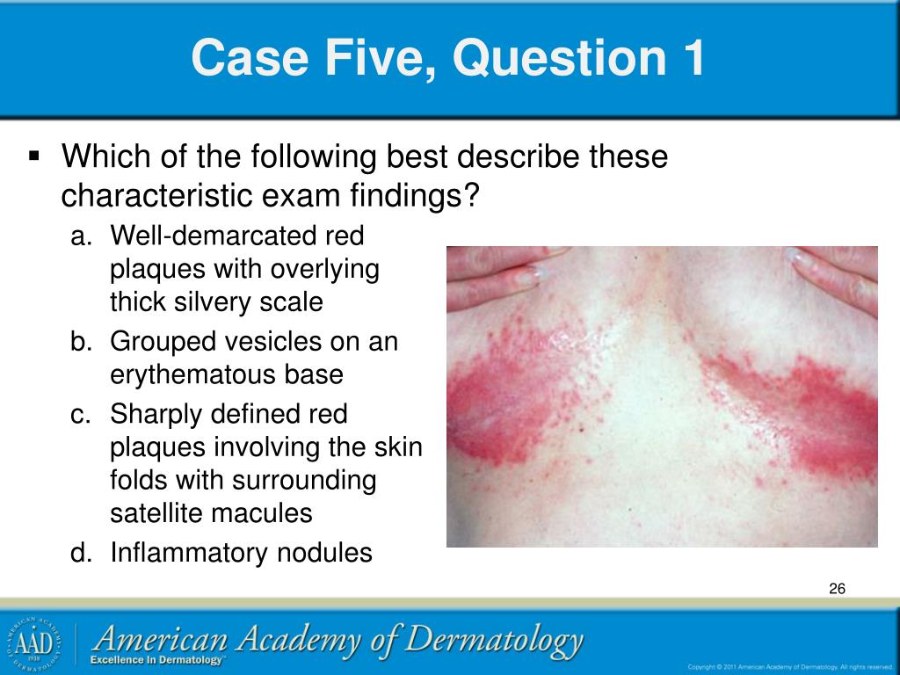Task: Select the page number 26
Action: click(836, 589)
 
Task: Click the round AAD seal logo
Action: click(33, 642)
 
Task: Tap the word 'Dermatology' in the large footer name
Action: click(493, 640)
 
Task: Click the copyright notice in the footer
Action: click(790, 666)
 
